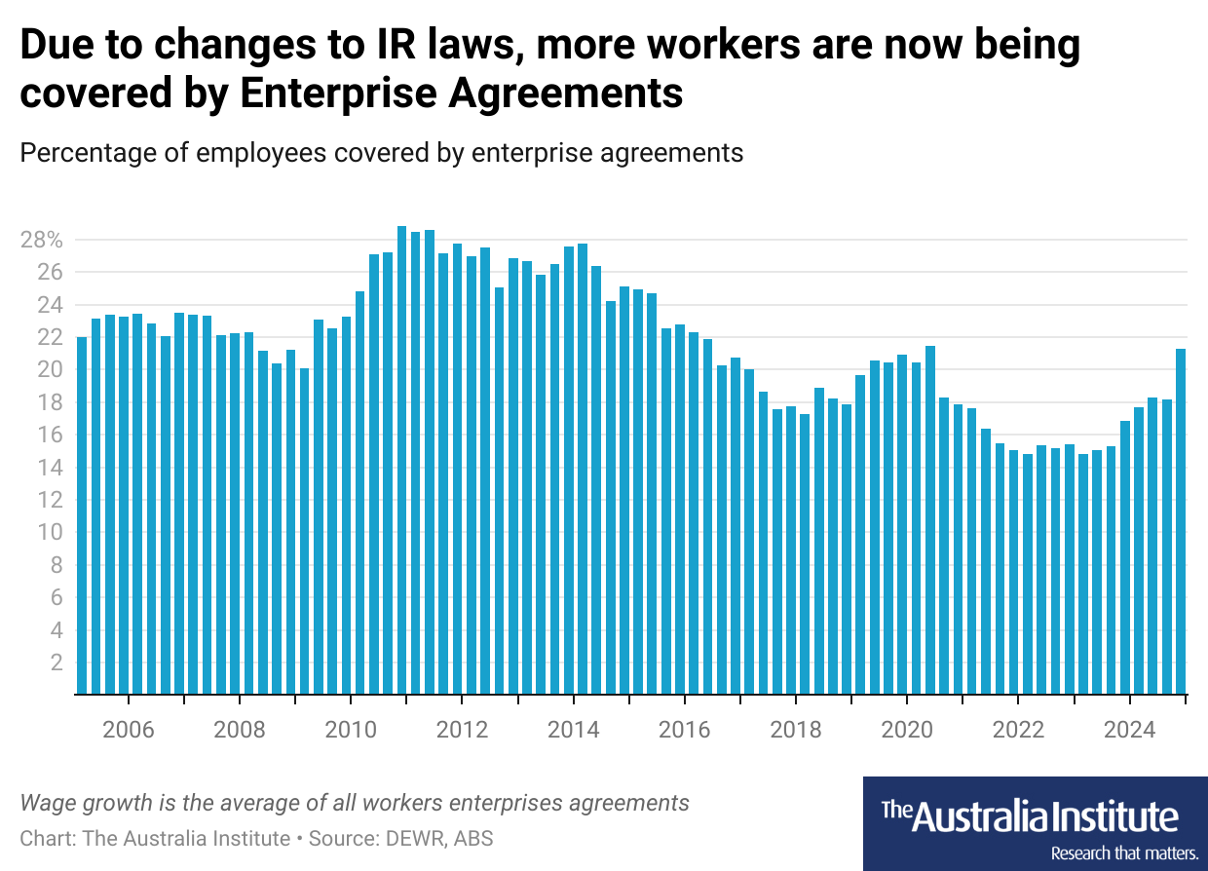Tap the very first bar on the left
(x=82, y=515)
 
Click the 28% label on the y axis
(x=42, y=240)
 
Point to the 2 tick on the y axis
(x=57, y=663)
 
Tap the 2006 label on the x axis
(x=129, y=731)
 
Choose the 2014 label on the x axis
(x=574, y=731)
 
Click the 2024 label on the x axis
(x=1129, y=731)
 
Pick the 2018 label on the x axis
(x=796, y=731)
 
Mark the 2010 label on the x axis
(x=351, y=731)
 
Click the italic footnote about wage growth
(x=355, y=803)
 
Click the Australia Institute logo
(x=1035, y=814)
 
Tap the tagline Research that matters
(x=1123, y=852)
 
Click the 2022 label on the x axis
(x=1018, y=731)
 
